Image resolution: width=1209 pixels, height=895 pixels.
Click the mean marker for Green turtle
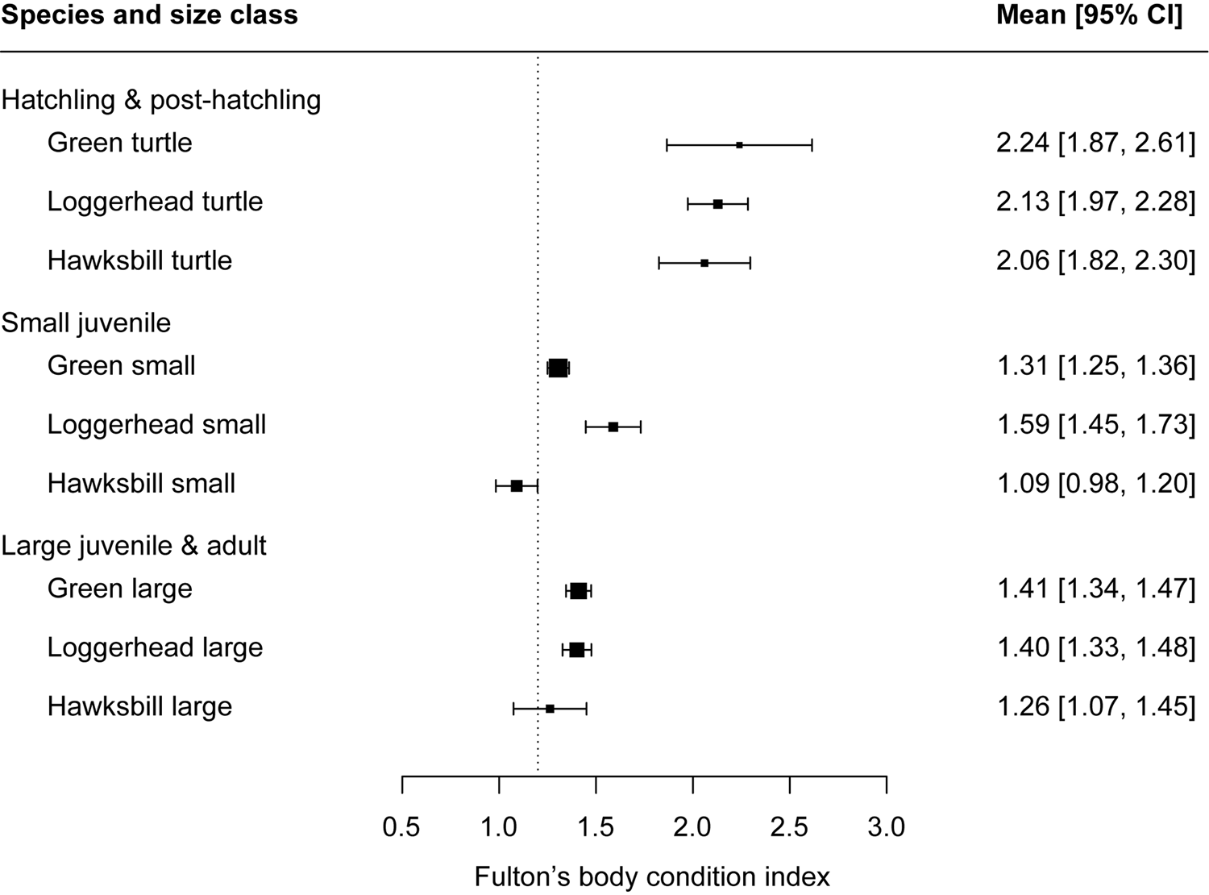pyautogui.click(x=739, y=145)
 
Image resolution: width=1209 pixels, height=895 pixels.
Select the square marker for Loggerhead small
pyautogui.click(x=613, y=427)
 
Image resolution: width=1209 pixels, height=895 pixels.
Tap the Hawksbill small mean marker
pyautogui.click(x=517, y=485)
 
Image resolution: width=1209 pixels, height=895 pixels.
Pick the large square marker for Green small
pyautogui.click(x=558, y=368)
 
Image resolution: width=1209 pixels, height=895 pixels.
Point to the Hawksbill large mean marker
pyautogui.click(x=550, y=709)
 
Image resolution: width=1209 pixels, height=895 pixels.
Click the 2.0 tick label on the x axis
pyautogui.click(x=692, y=827)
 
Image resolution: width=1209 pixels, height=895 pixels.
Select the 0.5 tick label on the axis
pyautogui.click(x=401, y=827)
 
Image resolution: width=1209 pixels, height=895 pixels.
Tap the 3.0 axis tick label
pyautogui.click(x=886, y=827)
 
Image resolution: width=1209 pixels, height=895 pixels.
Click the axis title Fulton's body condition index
pyautogui.click(x=652, y=876)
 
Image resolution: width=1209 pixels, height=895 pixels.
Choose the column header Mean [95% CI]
pyautogui.click(x=1089, y=15)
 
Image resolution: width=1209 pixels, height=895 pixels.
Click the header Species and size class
pyautogui.click(x=149, y=15)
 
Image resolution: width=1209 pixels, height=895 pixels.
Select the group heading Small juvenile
pyautogui.click(x=86, y=323)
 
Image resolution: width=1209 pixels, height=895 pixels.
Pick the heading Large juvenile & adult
pyautogui.click(x=134, y=546)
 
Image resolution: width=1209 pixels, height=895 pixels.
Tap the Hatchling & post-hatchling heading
pyautogui.click(x=161, y=100)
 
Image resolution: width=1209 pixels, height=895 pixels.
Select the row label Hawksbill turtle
pyautogui.click(x=139, y=260)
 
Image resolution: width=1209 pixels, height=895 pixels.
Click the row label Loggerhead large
pyautogui.click(x=155, y=647)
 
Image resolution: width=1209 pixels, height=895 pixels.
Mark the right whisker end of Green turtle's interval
pyautogui.click(x=812, y=145)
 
